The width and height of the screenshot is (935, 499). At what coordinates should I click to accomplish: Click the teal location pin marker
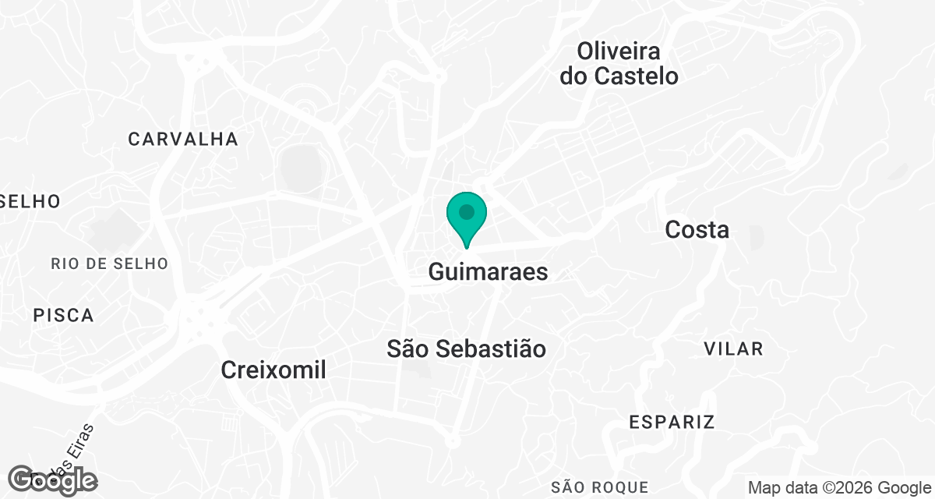click(x=467, y=218)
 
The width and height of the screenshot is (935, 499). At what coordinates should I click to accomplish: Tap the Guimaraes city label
click(x=488, y=272)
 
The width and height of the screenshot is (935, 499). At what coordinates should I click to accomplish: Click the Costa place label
click(x=697, y=230)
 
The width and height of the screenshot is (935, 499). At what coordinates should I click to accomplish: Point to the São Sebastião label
click(x=466, y=349)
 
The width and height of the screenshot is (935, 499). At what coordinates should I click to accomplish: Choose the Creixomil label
click(x=273, y=370)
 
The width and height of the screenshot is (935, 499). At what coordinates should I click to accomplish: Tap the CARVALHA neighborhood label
click(x=183, y=140)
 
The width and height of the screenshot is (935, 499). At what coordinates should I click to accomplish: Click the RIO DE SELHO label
click(x=110, y=264)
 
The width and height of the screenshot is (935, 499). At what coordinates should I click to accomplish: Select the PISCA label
click(x=64, y=316)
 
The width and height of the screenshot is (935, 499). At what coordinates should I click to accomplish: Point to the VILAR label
click(x=733, y=349)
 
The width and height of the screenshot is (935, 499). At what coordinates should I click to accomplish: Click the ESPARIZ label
click(x=672, y=423)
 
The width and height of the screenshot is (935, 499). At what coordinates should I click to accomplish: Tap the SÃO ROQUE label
click(x=599, y=487)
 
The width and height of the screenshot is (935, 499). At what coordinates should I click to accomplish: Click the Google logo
click(x=52, y=480)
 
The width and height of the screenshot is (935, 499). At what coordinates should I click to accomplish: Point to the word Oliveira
click(x=619, y=51)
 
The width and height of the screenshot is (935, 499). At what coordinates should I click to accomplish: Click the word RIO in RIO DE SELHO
click(x=65, y=264)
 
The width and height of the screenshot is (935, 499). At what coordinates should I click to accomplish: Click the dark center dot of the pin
click(x=467, y=211)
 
